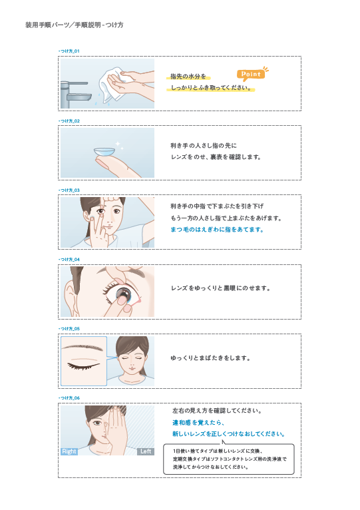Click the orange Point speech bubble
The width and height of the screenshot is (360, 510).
251,75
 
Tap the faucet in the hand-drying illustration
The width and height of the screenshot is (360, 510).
75,95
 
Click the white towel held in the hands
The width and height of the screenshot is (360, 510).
112,85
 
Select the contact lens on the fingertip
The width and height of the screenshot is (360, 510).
104,152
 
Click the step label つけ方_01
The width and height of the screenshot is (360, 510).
69,51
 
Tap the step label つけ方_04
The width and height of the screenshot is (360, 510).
69,259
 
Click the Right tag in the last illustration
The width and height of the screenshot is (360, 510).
69,451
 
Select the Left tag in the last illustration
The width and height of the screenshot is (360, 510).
146,451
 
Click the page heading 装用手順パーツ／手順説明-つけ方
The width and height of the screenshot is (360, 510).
75,25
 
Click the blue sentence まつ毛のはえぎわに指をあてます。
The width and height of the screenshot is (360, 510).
217,230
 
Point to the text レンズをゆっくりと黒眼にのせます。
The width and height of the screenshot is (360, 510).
220,288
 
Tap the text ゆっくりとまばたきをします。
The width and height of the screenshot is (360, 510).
211,358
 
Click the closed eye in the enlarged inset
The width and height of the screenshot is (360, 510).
83,366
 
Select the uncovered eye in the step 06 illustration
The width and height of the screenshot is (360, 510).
97,423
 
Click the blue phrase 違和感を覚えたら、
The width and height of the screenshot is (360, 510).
198,423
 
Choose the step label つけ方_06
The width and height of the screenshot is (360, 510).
69,397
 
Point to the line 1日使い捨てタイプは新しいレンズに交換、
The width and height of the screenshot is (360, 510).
218,451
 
